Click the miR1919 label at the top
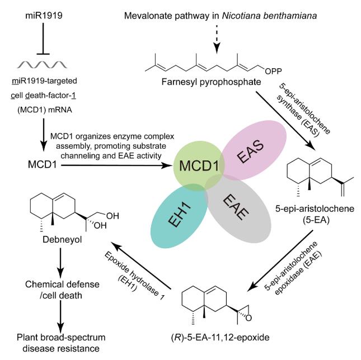[44, 16]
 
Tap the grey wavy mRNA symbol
[42, 65]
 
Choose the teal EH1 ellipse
[179, 217]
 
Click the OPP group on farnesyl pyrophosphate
[273, 72]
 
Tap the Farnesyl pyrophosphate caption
[211, 82]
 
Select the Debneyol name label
[62, 240]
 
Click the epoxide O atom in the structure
[249, 318]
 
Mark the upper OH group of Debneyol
[112, 216]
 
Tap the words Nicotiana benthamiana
[269, 16]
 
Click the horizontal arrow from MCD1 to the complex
[117, 165]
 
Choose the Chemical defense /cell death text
[62, 290]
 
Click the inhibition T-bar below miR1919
[43, 39]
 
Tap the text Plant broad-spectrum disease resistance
[61, 343]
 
